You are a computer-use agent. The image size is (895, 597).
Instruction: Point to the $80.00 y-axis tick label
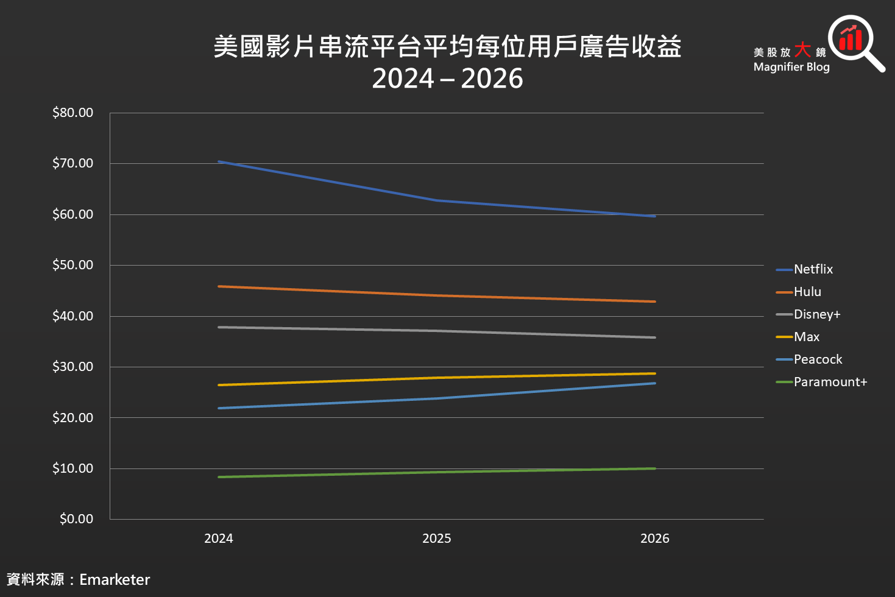73,113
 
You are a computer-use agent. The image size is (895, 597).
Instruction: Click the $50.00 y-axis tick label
73,265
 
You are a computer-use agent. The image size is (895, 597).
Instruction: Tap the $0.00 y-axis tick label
76,519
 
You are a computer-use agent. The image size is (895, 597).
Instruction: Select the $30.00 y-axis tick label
73,367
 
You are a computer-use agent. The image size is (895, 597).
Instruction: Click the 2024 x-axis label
219,539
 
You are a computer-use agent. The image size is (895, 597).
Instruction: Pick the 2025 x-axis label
437,539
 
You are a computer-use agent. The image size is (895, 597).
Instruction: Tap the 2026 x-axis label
655,539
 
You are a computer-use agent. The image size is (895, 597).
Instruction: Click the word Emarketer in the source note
115,579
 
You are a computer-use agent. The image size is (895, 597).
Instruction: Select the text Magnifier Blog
791,67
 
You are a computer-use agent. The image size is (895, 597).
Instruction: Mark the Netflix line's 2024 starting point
219,161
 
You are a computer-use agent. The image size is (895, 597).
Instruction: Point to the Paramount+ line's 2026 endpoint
654,468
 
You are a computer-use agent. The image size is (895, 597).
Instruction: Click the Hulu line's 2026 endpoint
654,302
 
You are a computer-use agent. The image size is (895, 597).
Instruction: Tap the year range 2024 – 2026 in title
447,79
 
